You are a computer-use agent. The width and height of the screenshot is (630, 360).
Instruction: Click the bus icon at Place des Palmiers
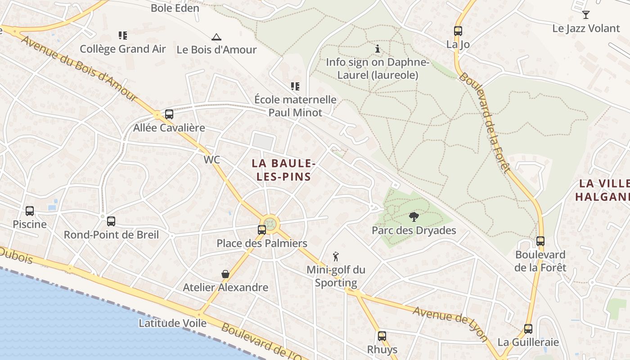[261, 230]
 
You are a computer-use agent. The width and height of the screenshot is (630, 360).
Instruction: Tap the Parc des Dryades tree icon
[414, 217]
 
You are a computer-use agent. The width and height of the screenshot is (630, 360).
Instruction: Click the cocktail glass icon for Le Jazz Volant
[585, 15]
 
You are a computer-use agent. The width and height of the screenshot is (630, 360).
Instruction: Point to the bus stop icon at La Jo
[458, 31]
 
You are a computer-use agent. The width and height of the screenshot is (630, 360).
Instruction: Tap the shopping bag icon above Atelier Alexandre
[225, 274]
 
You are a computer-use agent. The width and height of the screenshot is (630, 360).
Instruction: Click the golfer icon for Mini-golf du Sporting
[336, 257]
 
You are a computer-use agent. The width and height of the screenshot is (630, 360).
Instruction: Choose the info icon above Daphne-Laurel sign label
[377, 49]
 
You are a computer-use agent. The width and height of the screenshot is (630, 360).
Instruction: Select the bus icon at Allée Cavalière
[169, 114]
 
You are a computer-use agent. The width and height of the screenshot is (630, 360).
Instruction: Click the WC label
[212, 160]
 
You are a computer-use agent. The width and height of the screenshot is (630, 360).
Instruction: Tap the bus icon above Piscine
[30, 211]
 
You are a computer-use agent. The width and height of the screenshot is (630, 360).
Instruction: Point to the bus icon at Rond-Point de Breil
[111, 221]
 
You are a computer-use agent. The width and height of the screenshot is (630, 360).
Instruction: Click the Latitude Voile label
[172, 323]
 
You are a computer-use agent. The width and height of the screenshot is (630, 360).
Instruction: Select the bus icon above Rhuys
[382, 336]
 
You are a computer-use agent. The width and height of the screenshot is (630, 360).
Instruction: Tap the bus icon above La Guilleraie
[528, 329]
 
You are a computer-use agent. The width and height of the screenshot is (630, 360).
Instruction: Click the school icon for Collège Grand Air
[123, 35]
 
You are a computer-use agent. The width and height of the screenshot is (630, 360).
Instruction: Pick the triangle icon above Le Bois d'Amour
[216, 36]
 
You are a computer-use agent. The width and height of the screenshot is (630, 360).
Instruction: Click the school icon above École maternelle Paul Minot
[295, 86]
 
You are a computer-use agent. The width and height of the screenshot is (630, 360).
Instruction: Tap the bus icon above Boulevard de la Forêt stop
[540, 241]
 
